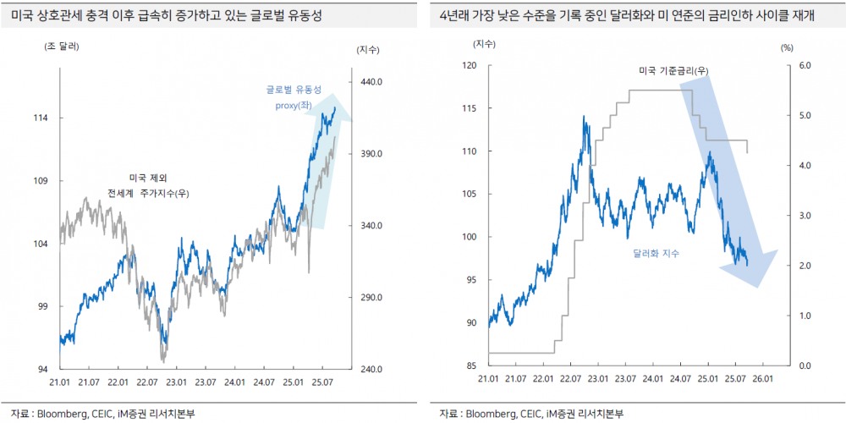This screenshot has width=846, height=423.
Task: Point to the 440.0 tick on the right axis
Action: [x=371, y=82]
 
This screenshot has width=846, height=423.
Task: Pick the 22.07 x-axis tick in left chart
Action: [x=147, y=382]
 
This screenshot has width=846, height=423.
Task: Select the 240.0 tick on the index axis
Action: [x=371, y=370]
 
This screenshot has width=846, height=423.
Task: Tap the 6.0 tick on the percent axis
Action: [x=805, y=65]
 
